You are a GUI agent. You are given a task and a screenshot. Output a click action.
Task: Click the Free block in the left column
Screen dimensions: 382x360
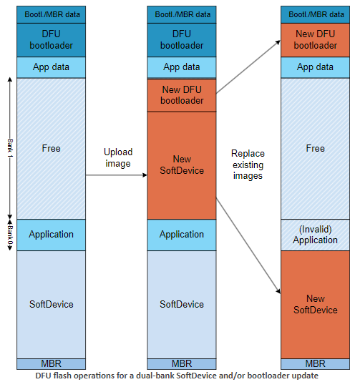pyautogui.click(x=51, y=148)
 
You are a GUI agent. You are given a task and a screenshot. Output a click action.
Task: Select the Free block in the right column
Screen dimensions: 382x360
pyautogui.click(x=315, y=148)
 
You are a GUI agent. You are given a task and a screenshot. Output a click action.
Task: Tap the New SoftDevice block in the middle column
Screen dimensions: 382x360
pyautogui.click(x=182, y=165)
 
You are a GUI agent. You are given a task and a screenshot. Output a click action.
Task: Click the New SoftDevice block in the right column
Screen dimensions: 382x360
pyautogui.click(x=315, y=304)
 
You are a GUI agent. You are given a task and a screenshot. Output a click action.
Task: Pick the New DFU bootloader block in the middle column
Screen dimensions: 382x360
pyautogui.click(x=182, y=95)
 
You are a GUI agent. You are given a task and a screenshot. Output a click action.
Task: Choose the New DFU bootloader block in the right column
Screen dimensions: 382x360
pyautogui.click(x=315, y=40)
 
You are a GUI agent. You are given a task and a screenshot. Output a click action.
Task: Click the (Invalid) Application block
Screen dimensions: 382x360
pyautogui.click(x=315, y=235)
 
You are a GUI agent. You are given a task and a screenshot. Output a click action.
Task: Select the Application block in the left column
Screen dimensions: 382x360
pyautogui.click(x=51, y=235)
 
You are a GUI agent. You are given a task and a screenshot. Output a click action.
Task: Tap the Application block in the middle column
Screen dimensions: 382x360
pyautogui.click(x=182, y=235)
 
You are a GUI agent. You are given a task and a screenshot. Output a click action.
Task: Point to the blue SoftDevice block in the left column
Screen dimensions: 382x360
pyautogui.click(x=51, y=304)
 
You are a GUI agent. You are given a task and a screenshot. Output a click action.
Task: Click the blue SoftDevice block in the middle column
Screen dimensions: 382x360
pyautogui.click(x=182, y=304)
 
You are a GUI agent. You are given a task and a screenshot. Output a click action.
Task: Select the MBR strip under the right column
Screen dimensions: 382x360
pyautogui.click(x=315, y=363)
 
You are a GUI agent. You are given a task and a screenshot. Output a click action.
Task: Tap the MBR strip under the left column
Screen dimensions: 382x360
pyautogui.click(x=51, y=363)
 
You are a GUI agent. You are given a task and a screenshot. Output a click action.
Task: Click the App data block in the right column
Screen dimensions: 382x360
pyautogui.click(x=315, y=67)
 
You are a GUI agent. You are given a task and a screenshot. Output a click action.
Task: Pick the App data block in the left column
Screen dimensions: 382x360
pyautogui.click(x=51, y=67)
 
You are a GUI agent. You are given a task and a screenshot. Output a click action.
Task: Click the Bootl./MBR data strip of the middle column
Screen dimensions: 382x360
pyautogui.click(x=182, y=14)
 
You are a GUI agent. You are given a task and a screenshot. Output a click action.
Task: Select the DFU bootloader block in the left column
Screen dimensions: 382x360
pyautogui.click(x=51, y=40)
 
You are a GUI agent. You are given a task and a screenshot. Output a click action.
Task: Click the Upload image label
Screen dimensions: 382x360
pyautogui.click(x=117, y=158)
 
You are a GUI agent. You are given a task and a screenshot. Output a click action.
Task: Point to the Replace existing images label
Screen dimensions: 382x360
pyautogui.click(x=248, y=165)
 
